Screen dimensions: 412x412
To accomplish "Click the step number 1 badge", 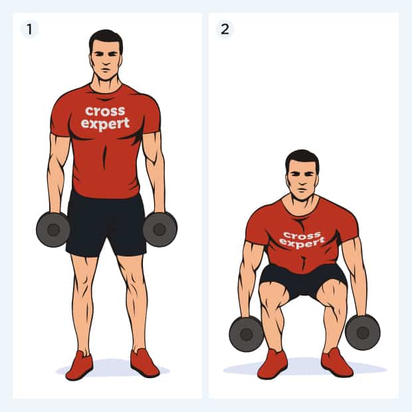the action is (29, 29).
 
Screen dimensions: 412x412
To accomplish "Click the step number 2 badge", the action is (225, 29).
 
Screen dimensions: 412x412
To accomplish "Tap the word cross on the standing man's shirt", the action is (105, 112).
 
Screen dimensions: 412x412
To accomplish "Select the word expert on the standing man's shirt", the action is (106, 124).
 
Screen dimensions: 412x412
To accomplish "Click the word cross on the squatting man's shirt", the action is (302, 235).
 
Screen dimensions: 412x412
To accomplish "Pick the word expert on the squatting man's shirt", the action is (302, 243).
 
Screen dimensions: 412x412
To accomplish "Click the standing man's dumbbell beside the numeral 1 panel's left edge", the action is (53, 230).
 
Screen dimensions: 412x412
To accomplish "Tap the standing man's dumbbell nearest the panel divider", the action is (160, 229).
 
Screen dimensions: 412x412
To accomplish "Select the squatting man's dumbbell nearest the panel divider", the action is (247, 334).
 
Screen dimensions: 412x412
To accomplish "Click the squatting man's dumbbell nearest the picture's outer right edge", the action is (363, 333).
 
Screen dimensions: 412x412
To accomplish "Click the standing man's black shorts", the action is (106, 224).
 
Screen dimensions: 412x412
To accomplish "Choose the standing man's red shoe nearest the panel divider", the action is (145, 363).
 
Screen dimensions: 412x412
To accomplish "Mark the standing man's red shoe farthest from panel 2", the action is (79, 365).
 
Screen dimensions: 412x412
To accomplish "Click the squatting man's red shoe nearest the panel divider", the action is (272, 364).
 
